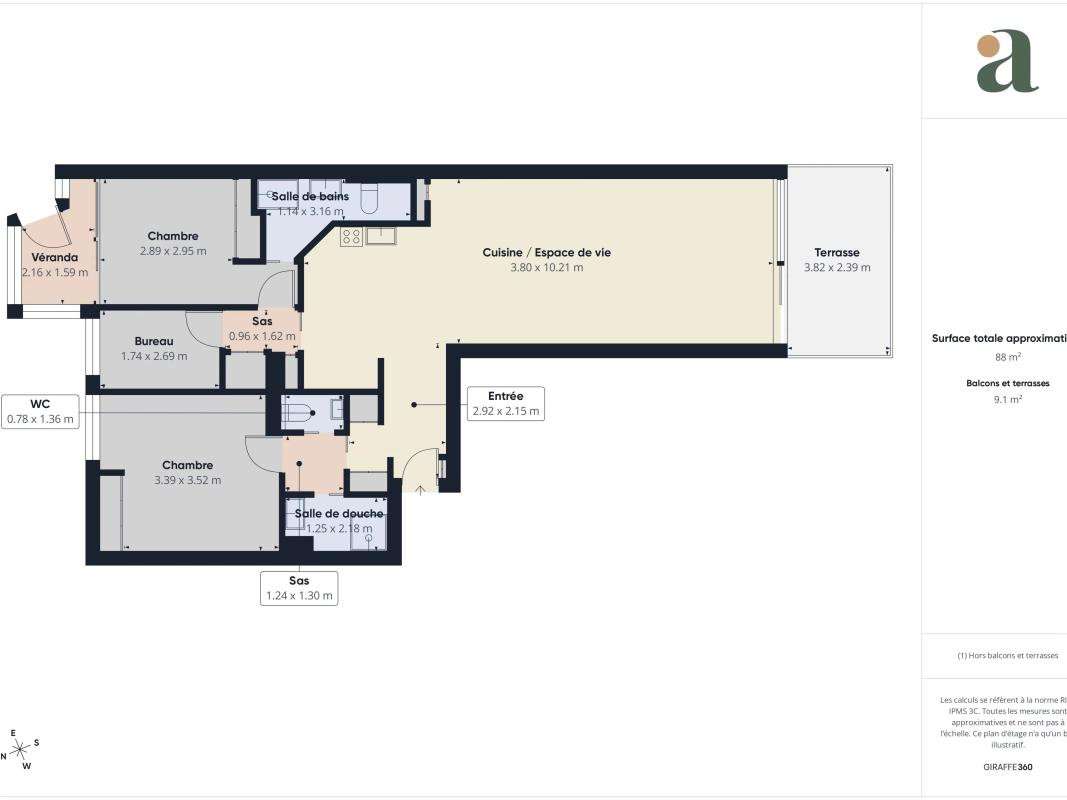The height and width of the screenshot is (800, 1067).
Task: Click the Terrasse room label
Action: point(836,253)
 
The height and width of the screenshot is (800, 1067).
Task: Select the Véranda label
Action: point(54,257)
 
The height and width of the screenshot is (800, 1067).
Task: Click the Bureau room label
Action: point(154,341)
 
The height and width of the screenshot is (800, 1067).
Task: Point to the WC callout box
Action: point(40,411)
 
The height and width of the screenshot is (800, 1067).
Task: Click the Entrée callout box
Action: point(505,403)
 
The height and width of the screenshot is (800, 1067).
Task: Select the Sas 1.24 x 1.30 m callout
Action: point(299,588)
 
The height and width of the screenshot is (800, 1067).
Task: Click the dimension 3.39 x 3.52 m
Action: point(187,480)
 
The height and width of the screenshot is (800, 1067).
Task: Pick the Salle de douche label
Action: point(338,514)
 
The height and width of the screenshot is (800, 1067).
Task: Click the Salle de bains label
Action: point(310,196)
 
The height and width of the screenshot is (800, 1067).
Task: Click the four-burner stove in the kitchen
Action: point(351,237)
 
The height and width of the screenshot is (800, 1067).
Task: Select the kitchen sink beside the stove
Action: point(381,236)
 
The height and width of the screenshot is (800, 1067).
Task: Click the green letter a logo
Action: point(1006,62)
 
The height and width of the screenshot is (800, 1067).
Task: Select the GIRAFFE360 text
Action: point(1007,767)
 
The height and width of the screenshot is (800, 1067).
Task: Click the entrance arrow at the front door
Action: point(420,488)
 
